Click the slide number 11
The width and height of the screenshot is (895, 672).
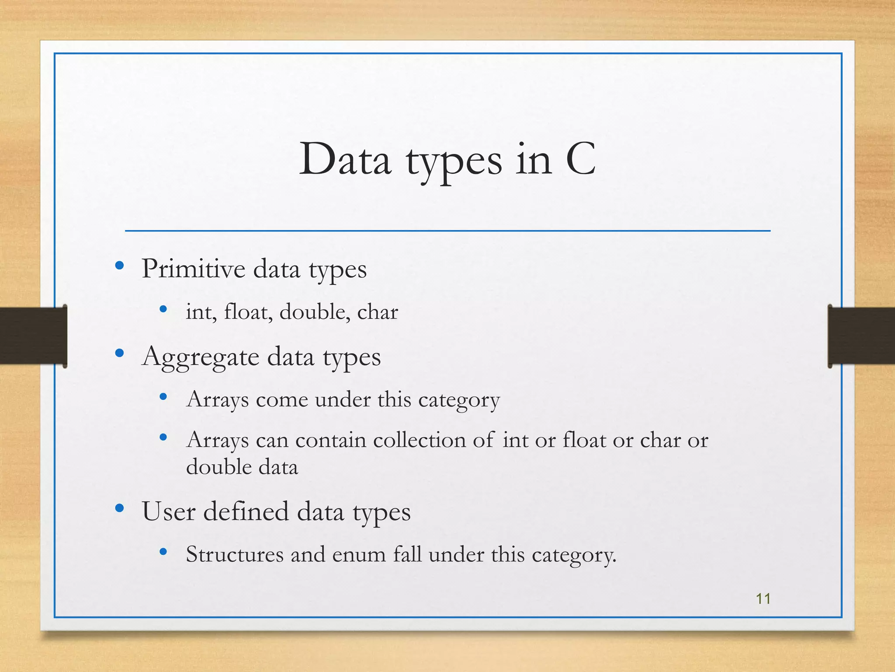coord(763,598)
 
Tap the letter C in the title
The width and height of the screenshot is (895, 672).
coord(580,159)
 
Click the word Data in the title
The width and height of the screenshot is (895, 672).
coord(345,159)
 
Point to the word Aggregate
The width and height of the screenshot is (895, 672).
coord(201,357)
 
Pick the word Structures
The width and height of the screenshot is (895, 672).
coord(235,554)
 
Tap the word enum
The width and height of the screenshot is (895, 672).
coord(359,555)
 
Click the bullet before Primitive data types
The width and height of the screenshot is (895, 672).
coord(119,266)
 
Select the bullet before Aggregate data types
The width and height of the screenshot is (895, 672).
coord(119,353)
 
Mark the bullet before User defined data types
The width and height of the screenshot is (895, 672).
coord(119,508)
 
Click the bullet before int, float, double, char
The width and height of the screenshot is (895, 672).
coord(163,309)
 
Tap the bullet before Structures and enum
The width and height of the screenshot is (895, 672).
coord(163,552)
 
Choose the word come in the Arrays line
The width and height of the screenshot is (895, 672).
coord(282,400)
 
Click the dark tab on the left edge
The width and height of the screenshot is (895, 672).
coord(33,336)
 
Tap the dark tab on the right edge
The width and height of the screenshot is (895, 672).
coord(861,336)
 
